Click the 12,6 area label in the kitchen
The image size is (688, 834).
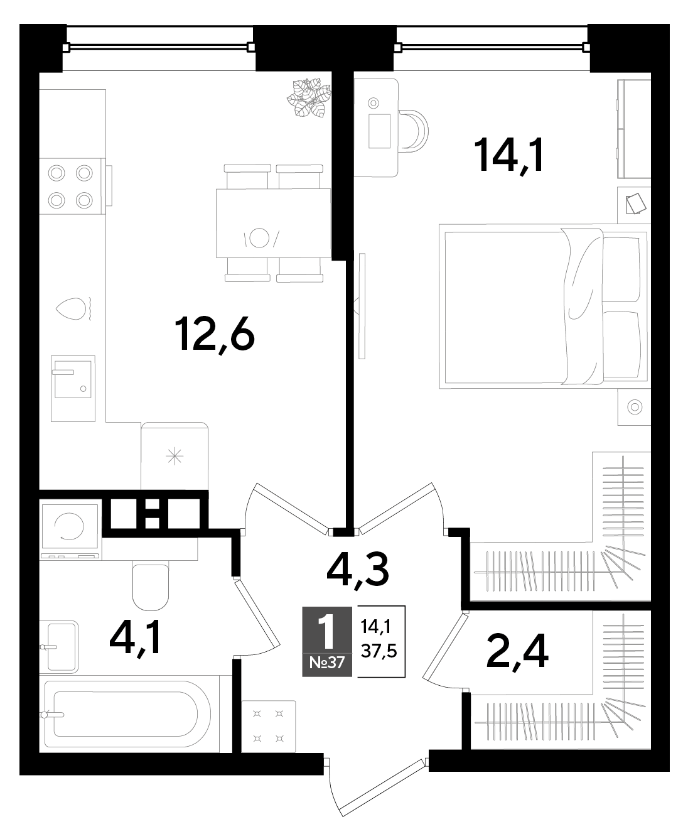[x=215, y=335]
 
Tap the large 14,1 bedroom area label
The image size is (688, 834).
[x=510, y=154]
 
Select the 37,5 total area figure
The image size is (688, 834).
[x=379, y=651]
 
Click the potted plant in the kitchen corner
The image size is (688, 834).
[x=309, y=97]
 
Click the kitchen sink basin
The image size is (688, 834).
[x=73, y=379]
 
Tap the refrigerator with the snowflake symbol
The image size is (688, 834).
[x=175, y=456]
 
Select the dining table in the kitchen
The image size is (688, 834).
[x=274, y=223]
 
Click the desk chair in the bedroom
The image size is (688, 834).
[x=413, y=131]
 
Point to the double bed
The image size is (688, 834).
[x=545, y=306]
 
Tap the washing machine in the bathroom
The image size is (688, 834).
[x=70, y=526]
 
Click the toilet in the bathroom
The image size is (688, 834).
[x=151, y=587]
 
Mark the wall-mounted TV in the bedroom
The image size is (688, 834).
[x=362, y=306]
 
